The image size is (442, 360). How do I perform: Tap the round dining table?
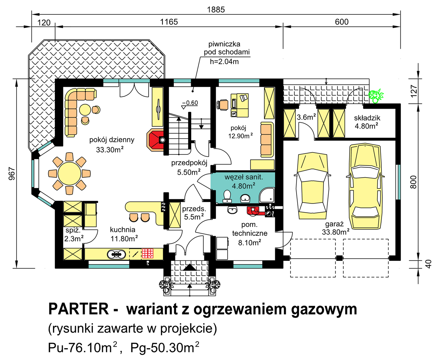(69, 173)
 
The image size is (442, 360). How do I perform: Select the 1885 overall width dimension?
(216, 10)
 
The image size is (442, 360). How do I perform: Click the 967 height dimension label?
(12, 173)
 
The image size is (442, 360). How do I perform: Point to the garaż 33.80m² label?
(336, 228)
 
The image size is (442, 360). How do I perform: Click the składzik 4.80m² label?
(367, 122)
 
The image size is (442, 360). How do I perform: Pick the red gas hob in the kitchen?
(148, 254)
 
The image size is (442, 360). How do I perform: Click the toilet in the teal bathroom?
(227, 196)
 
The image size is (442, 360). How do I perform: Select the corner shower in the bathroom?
(267, 195)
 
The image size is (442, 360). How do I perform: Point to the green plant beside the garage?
(376, 96)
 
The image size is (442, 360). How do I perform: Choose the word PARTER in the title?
(79, 309)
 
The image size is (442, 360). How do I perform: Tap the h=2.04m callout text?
(224, 62)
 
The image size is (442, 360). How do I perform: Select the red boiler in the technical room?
(253, 211)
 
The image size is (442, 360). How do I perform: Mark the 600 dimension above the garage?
(341, 22)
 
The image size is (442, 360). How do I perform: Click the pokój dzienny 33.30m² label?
(112, 144)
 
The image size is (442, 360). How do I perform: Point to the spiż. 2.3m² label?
(74, 235)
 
